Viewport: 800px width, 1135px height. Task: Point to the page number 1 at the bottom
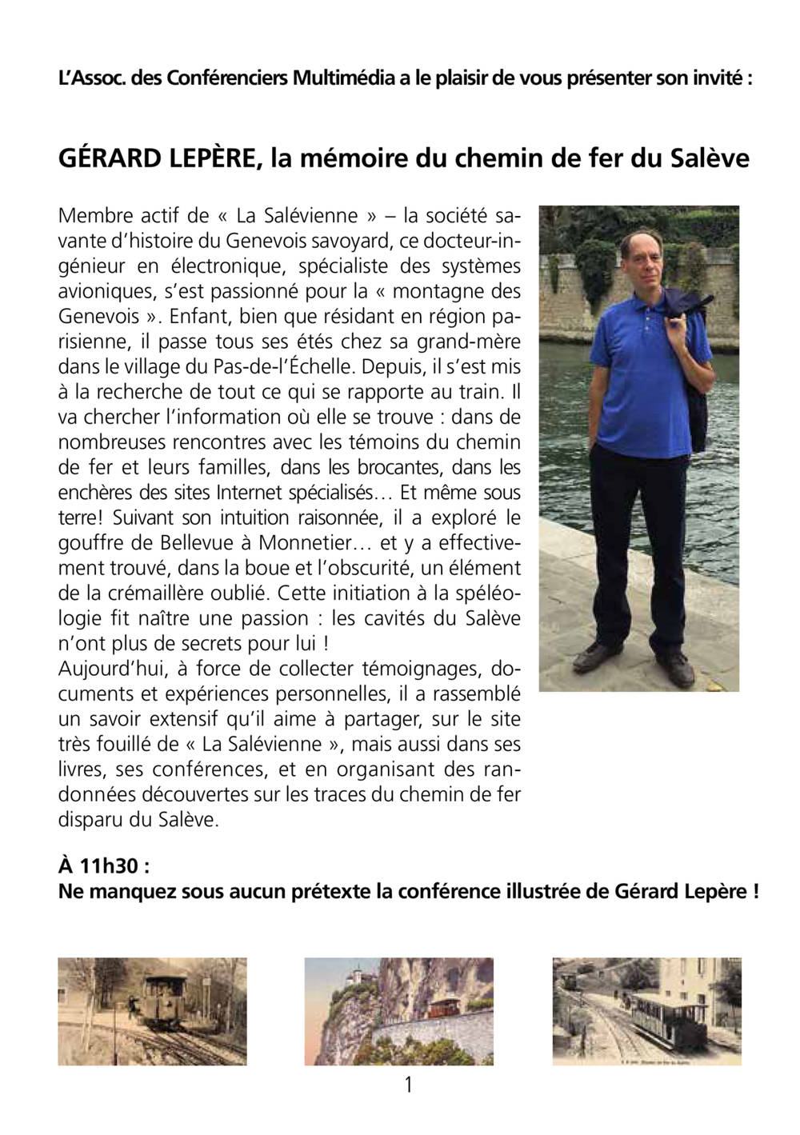pyautogui.click(x=409, y=1085)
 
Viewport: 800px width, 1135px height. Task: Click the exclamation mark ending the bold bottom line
pyautogui.click(x=755, y=891)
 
